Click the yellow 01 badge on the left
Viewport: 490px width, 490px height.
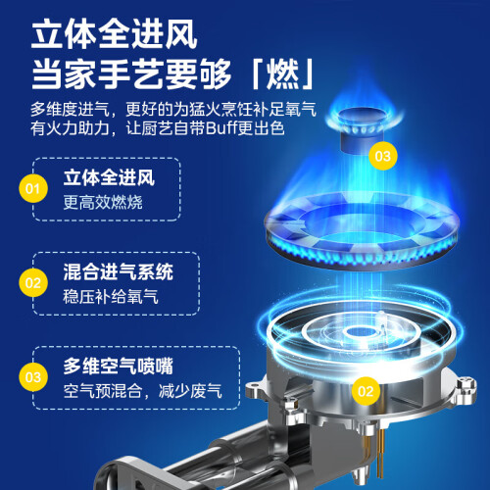click(33, 188)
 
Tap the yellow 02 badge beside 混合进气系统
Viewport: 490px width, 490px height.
click(33, 282)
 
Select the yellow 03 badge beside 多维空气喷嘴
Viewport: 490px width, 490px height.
click(33, 377)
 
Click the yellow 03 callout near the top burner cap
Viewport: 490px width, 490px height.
click(382, 156)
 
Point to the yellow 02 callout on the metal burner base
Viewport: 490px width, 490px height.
click(366, 391)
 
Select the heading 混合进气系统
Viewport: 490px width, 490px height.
click(119, 271)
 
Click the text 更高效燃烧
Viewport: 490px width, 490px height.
click(103, 202)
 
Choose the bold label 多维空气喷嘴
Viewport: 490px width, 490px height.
click(119, 366)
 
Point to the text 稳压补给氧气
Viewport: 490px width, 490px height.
click(111, 297)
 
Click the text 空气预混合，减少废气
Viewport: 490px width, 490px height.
click(143, 391)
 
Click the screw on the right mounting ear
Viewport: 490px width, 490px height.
click(466, 384)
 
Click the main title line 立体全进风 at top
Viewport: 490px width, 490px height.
click(114, 34)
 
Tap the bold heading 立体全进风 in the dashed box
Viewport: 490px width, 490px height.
click(109, 177)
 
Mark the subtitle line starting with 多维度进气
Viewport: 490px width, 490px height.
click(173, 109)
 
